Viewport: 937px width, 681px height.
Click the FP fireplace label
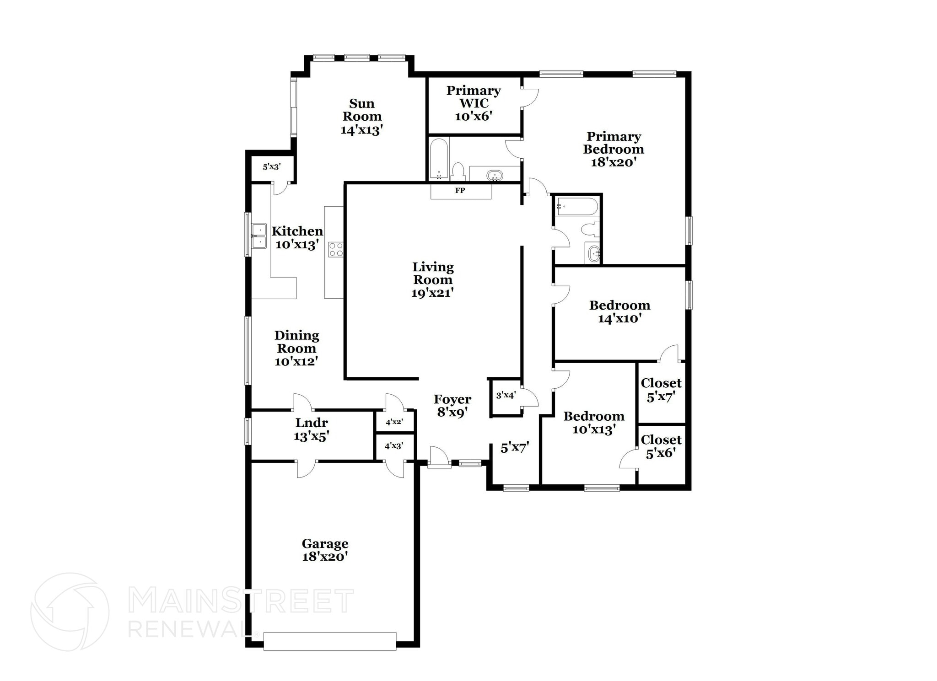pyautogui.click(x=460, y=191)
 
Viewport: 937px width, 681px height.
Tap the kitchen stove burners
pyautogui.click(x=336, y=249)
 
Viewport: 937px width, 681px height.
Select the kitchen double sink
pyautogui.click(x=259, y=236)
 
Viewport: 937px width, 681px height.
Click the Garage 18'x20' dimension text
pyautogui.click(x=325, y=557)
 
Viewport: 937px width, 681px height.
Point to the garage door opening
pyautogui.click(x=330, y=641)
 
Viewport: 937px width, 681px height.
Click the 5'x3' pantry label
pyautogui.click(x=271, y=167)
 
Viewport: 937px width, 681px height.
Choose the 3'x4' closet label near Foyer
pyautogui.click(x=506, y=395)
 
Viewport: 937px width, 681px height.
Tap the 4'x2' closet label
pyautogui.click(x=394, y=422)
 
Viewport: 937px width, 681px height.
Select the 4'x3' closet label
pyautogui.click(x=394, y=445)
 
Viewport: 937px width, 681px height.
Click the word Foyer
pyautogui.click(x=452, y=400)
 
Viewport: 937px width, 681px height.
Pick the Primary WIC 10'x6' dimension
pyautogui.click(x=474, y=116)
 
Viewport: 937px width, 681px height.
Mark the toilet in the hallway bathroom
pyautogui.click(x=590, y=228)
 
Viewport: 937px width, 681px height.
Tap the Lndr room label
pyautogui.click(x=312, y=423)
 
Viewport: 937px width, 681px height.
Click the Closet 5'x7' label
pyautogui.click(x=661, y=390)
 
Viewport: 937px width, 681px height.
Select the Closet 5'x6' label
pyautogui.click(x=661, y=446)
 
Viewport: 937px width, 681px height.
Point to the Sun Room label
pyautogui.click(x=362, y=110)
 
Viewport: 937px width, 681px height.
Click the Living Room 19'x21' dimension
pyautogui.click(x=432, y=293)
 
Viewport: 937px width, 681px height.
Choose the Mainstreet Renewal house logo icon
pyautogui.click(x=70, y=612)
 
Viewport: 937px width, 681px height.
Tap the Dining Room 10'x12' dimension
pyautogui.click(x=296, y=361)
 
